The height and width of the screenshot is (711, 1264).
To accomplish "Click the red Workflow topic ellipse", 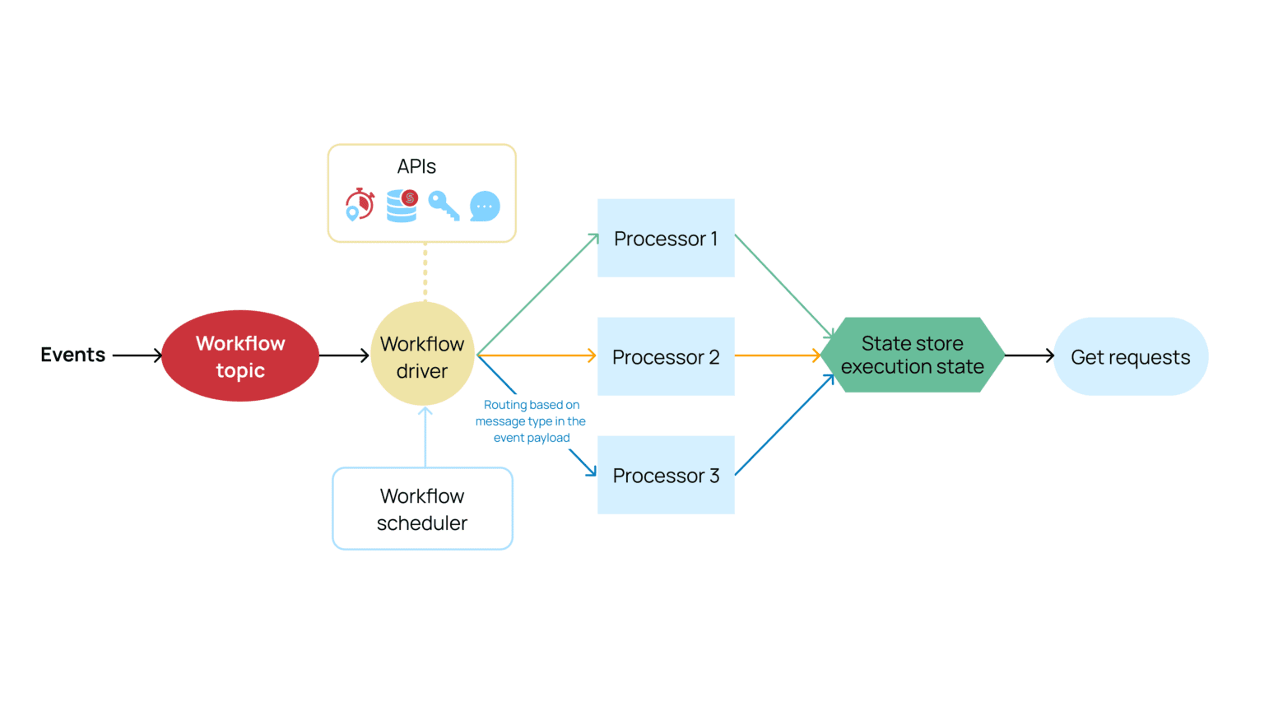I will point(240,355).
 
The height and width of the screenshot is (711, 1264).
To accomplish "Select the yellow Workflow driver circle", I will point(422,355).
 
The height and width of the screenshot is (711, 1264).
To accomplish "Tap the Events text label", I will point(73,355).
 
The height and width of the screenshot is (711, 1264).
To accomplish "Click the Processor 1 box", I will point(666,238).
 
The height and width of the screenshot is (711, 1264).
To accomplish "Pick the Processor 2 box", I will point(666,356).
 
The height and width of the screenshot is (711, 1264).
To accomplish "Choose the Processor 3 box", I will point(666,475).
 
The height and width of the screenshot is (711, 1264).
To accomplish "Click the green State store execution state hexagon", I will point(912,355).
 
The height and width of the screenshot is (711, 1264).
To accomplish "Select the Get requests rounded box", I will point(1130,356).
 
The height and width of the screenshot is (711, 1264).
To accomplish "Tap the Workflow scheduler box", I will point(422,509).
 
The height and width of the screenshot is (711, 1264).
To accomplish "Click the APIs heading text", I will point(416,166).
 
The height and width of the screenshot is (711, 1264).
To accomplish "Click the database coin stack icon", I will point(402,206).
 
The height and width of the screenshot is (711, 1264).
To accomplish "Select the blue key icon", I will point(444,206).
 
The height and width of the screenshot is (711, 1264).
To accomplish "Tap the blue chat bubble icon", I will point(485,206).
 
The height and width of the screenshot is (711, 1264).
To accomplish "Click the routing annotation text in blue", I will point(531,421).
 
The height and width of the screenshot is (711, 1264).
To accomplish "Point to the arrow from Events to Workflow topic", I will point(137,355).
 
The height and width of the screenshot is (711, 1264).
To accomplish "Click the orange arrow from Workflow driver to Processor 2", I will point(535,355).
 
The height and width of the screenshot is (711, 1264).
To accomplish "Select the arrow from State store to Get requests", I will point(1029,355).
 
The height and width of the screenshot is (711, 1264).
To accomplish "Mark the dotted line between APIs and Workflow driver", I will point(425,271).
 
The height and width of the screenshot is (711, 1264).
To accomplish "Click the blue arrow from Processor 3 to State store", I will point(783,425).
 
